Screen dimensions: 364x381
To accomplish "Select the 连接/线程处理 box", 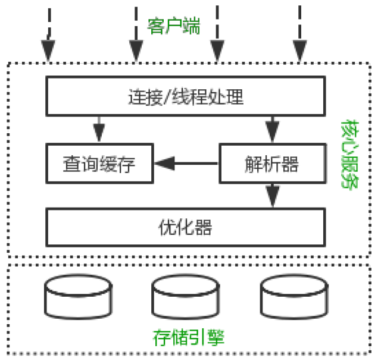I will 186,96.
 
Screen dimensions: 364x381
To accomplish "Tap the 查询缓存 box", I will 99,164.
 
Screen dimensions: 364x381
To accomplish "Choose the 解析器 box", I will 271,164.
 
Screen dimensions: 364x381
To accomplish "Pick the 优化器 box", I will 186,227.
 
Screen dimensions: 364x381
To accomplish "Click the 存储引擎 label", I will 188,338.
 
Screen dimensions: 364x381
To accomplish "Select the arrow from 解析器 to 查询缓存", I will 186,162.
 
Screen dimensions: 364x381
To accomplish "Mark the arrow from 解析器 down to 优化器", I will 273,194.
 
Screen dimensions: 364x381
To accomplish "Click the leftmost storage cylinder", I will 78,297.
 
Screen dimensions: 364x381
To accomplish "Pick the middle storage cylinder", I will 186,297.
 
